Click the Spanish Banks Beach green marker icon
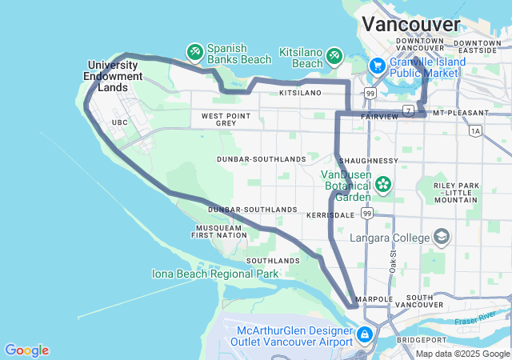tap(194, 53)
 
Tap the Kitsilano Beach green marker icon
tap(334, 56)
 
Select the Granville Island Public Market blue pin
tap(376, 66)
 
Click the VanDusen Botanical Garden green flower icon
tap(384, 185)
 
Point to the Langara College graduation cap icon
tap(442, 237)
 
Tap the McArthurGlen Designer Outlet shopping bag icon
tap(364, 334)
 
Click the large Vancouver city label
tap(410, 23)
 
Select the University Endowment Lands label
tap(114, 76)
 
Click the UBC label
tap(120, 122)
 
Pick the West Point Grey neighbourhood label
tap(219, 120)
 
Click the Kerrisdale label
tap(330, 216)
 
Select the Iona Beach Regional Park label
tap(215, 274)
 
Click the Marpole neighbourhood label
tap(375, 299)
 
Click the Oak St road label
tap(394, 262)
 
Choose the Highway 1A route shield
tap(477, 130)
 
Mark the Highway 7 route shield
tap(408, 110)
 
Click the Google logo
tap(26, 350)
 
